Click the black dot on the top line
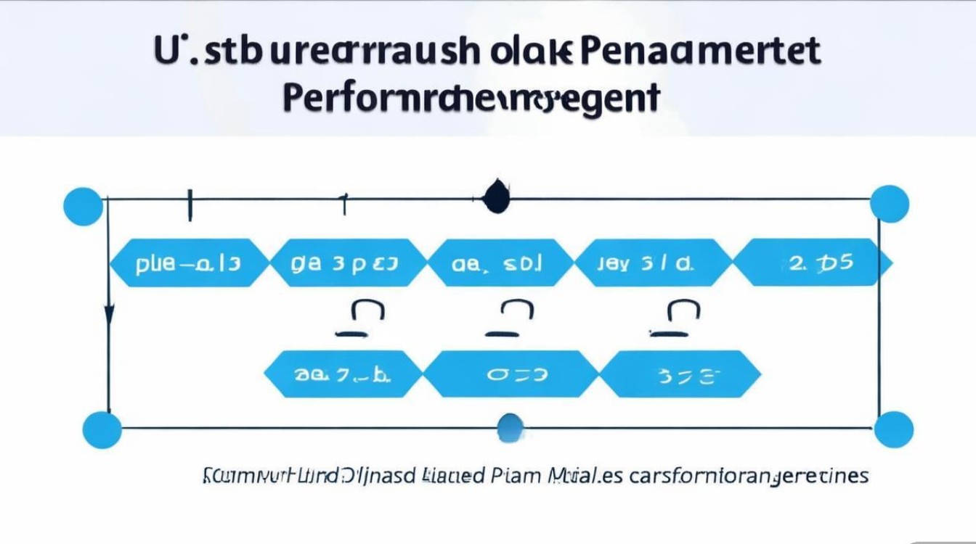[497, 197]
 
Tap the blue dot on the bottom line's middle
[511, 427]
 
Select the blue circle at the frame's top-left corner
[83, 206]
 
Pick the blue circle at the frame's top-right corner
[889, 204]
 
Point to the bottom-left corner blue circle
[102, 429]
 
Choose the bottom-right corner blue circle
[893, 429]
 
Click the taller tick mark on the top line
[190, 205]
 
